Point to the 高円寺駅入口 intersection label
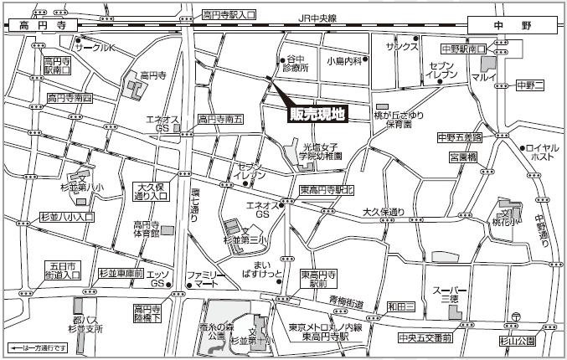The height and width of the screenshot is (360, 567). point(229,15)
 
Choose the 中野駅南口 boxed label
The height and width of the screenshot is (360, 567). point(464,49)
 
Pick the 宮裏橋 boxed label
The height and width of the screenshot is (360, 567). point(461,157)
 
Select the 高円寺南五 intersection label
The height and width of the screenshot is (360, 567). point(219,119)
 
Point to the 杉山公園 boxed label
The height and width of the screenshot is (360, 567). point(517,341)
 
